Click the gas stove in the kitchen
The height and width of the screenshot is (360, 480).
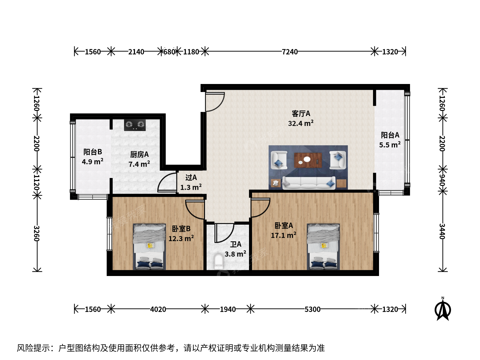135,125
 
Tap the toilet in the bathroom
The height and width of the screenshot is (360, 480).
218,261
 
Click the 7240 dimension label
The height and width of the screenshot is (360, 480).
290,52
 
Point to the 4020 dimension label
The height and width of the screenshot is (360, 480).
158,309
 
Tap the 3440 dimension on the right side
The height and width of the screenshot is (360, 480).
442,231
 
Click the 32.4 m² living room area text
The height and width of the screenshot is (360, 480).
301,123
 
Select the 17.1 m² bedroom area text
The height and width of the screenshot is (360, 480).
283,235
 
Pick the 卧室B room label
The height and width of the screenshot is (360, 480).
181,229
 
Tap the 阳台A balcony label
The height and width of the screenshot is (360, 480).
390,135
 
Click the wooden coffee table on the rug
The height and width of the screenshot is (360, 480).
308,160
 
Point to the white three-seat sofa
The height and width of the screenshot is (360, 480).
309,183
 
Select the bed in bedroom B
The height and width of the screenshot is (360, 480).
149,247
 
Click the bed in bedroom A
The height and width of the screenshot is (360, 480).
323,247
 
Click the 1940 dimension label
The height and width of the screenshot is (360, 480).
228,309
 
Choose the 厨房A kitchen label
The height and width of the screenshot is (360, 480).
139,155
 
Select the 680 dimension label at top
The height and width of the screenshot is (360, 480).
169,52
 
